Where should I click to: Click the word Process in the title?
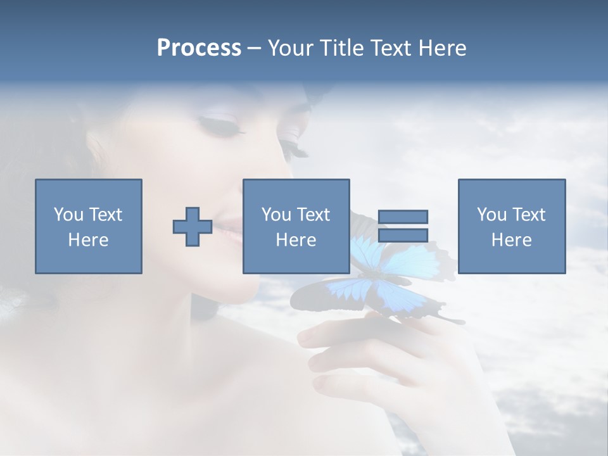[199, 48]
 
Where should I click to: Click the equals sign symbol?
[403, 226]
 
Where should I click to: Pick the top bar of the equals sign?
[403, 217]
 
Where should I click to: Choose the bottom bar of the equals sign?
[403, 235]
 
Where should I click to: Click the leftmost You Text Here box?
[89, 227]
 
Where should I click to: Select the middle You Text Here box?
[296, 227]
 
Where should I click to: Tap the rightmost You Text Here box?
[512, 227]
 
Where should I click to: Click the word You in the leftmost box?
[68, 215]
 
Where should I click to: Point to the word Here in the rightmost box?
[512, 240]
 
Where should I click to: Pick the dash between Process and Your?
[255, 49]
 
